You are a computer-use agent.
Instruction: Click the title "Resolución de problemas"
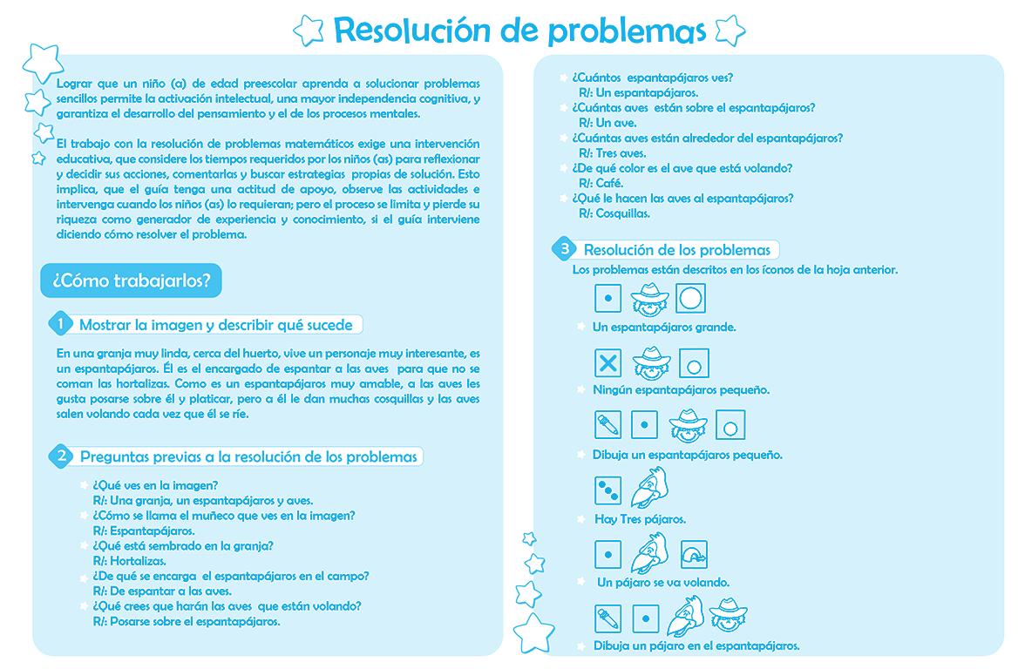point(519,30)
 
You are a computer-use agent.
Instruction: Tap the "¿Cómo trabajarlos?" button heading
point(131,280)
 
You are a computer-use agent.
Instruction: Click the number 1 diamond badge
point(60,324)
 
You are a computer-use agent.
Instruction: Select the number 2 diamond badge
point(61,456)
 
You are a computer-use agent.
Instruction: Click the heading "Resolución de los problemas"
point(676,250)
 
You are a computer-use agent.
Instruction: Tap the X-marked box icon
point(608,362)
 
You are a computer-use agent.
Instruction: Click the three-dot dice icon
point(608,490)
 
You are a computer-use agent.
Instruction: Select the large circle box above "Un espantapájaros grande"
point(690,299)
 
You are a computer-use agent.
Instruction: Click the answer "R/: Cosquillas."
point(614,213)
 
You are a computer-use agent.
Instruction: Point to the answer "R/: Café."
point(601,183)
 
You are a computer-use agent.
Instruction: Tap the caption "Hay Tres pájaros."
point(640,519)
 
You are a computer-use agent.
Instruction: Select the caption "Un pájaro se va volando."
point(663,583)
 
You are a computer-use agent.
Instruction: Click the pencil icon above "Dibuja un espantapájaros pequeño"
point(608,425)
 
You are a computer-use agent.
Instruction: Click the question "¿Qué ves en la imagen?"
point(155,485)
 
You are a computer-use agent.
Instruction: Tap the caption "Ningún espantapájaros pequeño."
point(681,390)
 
